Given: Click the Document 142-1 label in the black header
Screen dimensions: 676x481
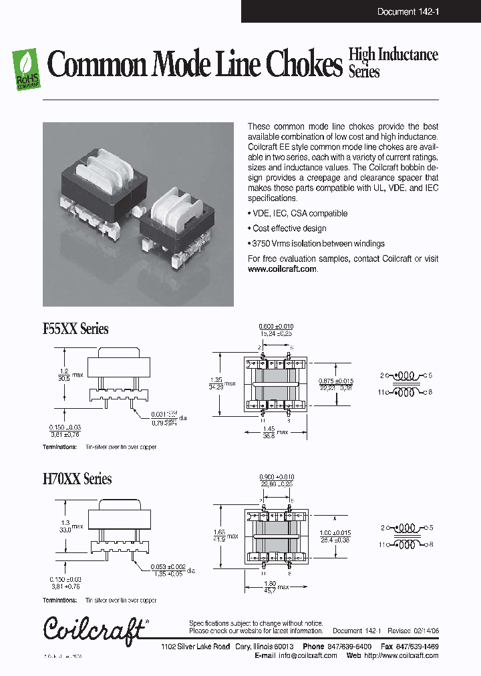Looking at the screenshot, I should pyautogui.click(x=408, y=11).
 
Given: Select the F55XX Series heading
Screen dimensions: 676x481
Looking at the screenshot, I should pyautogui.click(x=75, y=329).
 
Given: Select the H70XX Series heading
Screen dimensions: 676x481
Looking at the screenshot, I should pyautogui.click(x=77, y=479).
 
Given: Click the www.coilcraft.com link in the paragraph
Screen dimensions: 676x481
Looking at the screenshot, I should pyautogui.click(x=282, y=269).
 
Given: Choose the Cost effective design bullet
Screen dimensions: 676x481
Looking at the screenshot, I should pyautogui.click(x=290, y=228).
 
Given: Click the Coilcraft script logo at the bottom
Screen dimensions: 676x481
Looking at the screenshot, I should pyautogui.click(x=94, y=630).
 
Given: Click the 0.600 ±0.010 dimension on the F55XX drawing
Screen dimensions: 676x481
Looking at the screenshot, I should pyautogui.click(x=276, y=326).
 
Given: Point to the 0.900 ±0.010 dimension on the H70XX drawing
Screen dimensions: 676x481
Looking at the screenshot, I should pyautogui.click(x=276, y=477).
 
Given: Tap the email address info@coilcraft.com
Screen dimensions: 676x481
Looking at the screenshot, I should pyautogui.click(x=307, y=656).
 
